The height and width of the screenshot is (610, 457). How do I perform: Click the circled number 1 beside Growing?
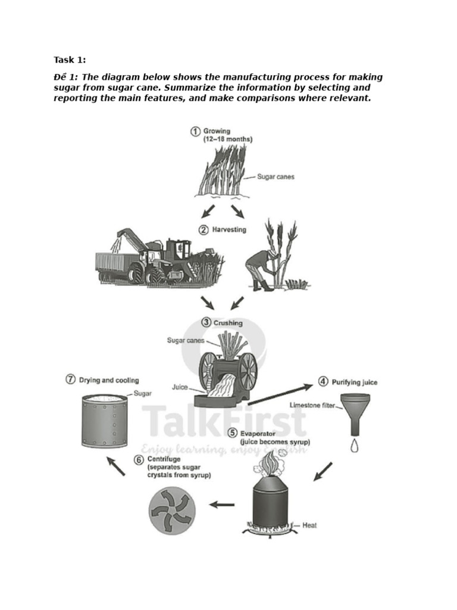click(x=195, y=131)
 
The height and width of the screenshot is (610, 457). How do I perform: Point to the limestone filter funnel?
click(x=355, y=411)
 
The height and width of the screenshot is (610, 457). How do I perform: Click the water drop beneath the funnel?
click(x=355, y=445)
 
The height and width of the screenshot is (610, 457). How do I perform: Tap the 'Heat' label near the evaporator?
click(x=310, y=525)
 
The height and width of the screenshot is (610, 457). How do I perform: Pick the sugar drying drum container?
click(x=105, y=421)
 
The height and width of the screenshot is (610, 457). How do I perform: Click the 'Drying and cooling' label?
click(x=109, y=380)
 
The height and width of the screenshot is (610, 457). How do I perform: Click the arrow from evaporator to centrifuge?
click(x=222, y=505)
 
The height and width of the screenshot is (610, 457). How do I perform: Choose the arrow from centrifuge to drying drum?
click(x=117, y=466)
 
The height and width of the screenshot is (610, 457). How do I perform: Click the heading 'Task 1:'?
click(x=70, y=59)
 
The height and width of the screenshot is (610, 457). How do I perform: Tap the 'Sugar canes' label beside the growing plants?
click(x=276, y=177)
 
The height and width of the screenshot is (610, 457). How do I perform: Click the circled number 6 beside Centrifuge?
click(x=139, y=459)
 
